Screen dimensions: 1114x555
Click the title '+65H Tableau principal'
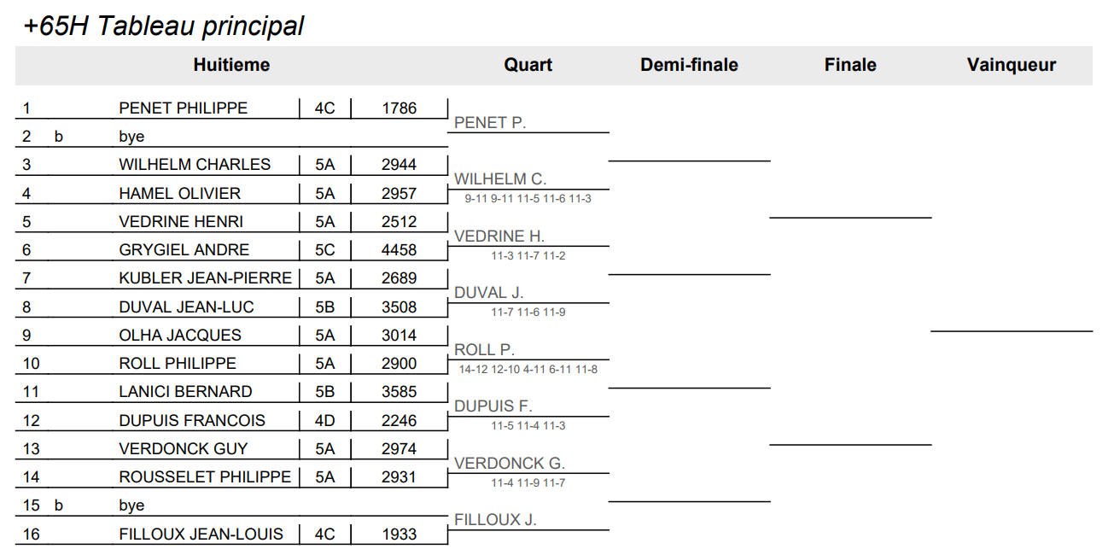click(x=164, y=26)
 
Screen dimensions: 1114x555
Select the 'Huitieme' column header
click(x=231, y=65)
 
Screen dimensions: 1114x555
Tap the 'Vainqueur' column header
click(x=1011, y=65)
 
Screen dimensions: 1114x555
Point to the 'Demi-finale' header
click(x=689, y=65)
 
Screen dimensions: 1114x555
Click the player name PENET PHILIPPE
click(x=183, y=108)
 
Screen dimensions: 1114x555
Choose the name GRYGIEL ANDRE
click(x=184, y=249)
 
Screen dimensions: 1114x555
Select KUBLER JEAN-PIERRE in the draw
click(x=206, y=278)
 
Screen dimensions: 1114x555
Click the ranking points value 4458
click(x=399, y=249)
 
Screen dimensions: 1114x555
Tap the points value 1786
click(x=399, y=108)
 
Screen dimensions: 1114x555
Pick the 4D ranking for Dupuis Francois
click(x=324, y=421)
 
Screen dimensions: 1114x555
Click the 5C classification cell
click(x=324, y=249)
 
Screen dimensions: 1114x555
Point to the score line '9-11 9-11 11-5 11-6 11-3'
click(x=528, y=199)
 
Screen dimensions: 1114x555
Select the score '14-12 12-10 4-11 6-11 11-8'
click(x=528, y=370)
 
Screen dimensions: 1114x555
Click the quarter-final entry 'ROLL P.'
click(x=484, y=349)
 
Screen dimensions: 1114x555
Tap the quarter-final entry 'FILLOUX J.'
click(x=495, y=520)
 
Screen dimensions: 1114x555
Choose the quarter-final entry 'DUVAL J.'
click(x=488, y=292)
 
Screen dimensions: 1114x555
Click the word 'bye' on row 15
click(x=131, y=505)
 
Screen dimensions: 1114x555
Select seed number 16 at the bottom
click(x=31, y=535)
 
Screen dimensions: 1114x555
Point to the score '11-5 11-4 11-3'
click(x=528, y=426)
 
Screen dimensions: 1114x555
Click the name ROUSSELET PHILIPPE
click(x=205, y=477)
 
